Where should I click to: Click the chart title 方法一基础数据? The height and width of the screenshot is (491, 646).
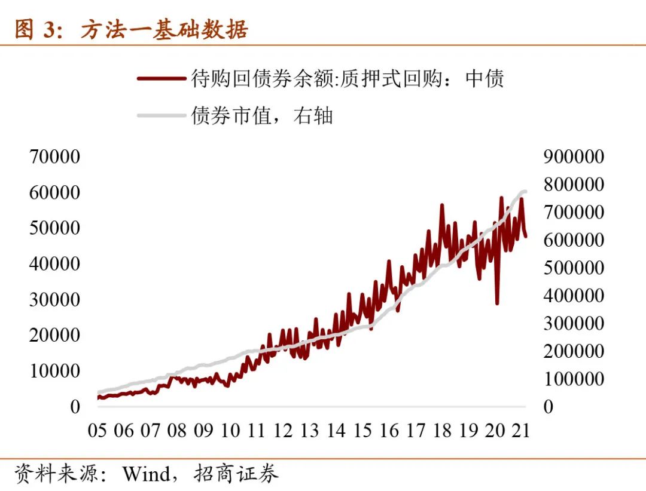164,29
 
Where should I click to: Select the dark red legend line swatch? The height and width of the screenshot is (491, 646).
161,78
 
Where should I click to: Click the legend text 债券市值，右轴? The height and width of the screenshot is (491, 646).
262,115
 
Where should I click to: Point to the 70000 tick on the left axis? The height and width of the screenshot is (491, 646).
54,156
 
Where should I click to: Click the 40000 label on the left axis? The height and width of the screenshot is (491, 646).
54,263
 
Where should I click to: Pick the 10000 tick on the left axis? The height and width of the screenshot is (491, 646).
54,370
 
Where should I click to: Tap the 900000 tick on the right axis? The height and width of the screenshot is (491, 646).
574,156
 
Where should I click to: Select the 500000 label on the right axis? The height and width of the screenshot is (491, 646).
574,268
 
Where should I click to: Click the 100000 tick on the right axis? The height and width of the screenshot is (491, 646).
574,379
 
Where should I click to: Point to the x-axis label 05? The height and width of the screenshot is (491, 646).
97,430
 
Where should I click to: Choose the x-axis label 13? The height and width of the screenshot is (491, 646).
309,430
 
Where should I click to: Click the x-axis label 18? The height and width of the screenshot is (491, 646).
442,430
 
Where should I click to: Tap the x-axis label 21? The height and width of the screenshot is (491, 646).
521,430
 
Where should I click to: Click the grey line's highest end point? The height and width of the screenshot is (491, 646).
525,191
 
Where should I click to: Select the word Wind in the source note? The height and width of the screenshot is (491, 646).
146,474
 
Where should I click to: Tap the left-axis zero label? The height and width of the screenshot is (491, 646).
75,406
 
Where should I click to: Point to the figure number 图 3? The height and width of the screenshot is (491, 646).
34,29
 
